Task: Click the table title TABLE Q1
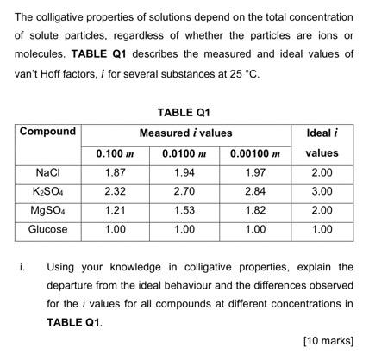pos(184,112)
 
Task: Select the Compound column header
pos(47,132)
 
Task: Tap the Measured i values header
pos(185,133)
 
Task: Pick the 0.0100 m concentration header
pos(184,152)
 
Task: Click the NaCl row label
pos(47,172)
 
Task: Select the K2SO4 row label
pos(47,191)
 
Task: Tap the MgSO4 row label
pos(47,210)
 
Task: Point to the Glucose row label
pos(47,229)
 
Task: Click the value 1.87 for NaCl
pos(115,172)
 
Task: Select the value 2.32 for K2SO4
pos(115,191)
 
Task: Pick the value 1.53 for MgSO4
pos(184,210)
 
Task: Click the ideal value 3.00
pos(322,191)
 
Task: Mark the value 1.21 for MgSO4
pos(115,210)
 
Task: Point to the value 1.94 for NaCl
pos(184,172)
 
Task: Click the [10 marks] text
pos(328,340)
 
